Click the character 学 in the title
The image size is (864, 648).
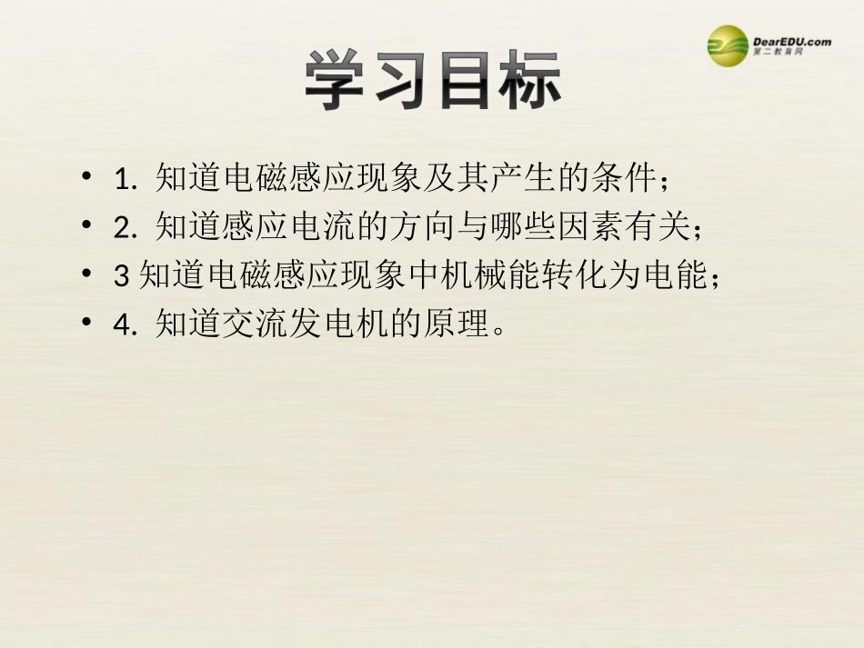[x=337, y=81]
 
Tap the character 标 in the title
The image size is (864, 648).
[x=527, y=81]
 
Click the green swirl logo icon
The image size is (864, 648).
[x=728, y=46]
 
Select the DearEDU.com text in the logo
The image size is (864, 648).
[x=792, y=41]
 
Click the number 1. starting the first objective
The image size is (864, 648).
[x=126, y=180]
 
